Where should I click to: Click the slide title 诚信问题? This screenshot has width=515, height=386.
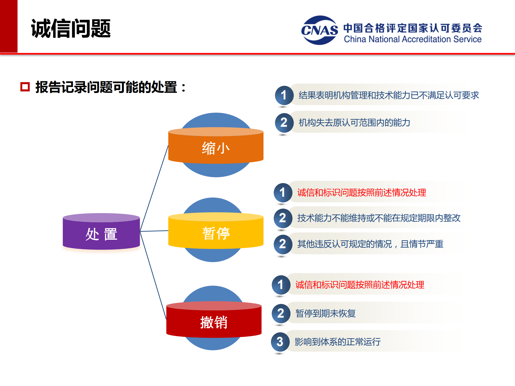(x=71, y=28)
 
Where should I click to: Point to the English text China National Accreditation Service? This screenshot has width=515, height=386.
(x=413, y=39)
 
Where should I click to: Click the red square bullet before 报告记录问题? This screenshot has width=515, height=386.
(x=25, y=87)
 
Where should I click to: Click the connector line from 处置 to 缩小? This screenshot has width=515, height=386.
(x=154, y=188)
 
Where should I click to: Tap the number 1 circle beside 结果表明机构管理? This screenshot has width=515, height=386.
(x=284, y=95)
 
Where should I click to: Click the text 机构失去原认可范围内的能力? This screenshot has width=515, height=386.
(x=354, y=123)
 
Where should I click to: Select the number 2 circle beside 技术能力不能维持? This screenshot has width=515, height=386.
(x=282, y=218)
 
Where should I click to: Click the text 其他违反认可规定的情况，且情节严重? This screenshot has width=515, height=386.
(x=370, y=244)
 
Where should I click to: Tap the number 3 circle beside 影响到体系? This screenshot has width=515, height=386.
(x=280, y=342)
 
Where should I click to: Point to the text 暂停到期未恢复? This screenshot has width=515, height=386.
(x=325, y=313)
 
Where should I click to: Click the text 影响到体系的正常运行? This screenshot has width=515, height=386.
(x=337, y=342)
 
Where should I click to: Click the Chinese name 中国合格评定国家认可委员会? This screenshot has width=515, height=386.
(x=413, y=28)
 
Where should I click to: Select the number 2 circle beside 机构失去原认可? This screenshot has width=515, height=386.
(x=284, y=123)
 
